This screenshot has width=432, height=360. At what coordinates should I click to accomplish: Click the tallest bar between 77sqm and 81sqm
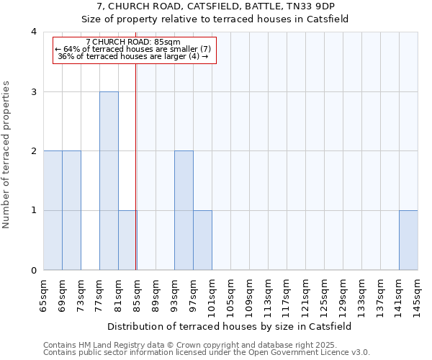[x=109, y=181]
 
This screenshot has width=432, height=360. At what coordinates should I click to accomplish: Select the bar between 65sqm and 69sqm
[x=53, y=210]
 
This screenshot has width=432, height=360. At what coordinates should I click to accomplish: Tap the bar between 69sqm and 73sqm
[x=71, y=210]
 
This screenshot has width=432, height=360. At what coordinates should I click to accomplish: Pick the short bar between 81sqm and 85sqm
[x=127, y=240]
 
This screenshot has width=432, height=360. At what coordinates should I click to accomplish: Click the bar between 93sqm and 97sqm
[x=184, y=210]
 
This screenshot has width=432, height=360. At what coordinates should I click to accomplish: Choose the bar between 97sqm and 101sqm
[x=202, y=240]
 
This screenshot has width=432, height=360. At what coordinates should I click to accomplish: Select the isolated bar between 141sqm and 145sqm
[x=408, y=240]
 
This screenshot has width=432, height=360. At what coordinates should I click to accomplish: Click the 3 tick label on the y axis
[x=34, y=91]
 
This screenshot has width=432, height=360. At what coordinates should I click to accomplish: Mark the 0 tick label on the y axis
[x=34, y=271]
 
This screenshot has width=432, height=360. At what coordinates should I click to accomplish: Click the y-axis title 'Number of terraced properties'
[x=6, y=154]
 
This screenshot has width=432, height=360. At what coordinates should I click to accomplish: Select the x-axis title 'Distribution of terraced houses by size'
[x=230, y=326]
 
